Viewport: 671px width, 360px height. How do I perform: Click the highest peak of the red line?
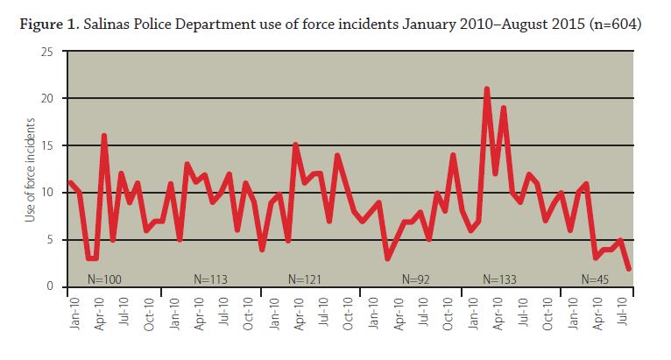pyautogui.click(x=486, y=89)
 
